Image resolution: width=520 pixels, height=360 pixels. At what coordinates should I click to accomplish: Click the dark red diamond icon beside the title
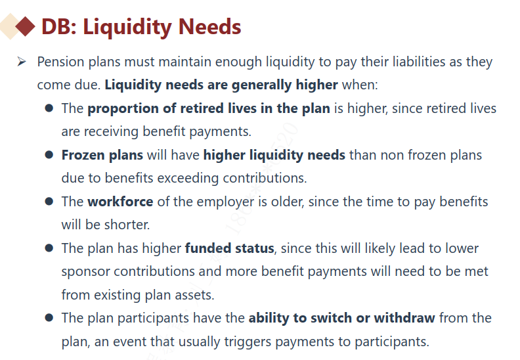[25, 26]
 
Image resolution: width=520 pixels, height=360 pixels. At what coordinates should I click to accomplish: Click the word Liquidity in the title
[127, 27]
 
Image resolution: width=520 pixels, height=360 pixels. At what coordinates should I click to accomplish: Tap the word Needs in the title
[210, 26]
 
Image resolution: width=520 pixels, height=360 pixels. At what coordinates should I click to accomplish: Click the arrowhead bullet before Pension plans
[22, 62]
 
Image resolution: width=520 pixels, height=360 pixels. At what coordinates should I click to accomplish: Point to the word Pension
[60, 62]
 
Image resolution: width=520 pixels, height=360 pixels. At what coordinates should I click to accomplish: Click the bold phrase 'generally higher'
[284, 85]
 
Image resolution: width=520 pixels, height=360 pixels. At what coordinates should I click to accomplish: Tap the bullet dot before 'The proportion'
[49, 108]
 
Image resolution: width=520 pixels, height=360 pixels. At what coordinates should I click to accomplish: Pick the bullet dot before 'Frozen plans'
[49, 155]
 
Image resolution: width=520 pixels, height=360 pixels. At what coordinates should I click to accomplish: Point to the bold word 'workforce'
[120, 202]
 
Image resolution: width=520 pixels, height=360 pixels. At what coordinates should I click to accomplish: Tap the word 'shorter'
[127, 225]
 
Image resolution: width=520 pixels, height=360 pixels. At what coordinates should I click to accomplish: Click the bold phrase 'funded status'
[230, 248]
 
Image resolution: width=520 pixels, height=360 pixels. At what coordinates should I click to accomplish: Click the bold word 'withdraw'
[404, 318]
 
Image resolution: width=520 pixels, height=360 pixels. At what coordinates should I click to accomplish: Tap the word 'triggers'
[248, 342]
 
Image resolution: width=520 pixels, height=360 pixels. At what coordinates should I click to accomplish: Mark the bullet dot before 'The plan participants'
[49, 318]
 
